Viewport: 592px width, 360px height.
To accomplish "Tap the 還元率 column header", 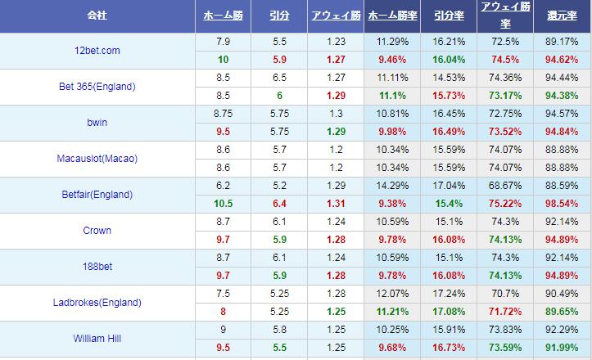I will [x=562, y=16].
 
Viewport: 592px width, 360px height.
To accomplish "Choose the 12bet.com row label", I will [x=97, y=51].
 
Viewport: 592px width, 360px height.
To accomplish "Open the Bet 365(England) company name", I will [x=97, y=87].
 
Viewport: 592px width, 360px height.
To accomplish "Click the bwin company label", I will [x=97, y=123].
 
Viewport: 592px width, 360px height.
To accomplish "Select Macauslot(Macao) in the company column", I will [x=97, y=159].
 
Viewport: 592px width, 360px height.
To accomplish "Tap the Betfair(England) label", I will [x=97, y=195].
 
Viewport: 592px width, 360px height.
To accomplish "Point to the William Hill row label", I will [x=97, y=339].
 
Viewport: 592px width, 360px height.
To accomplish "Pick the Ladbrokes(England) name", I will [x=97, y=303].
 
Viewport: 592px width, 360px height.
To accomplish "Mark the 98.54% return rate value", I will [x=562, y=203].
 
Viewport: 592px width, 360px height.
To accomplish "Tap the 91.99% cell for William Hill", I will [x=562, y=347].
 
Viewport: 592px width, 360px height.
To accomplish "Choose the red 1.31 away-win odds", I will [x=336, y=203].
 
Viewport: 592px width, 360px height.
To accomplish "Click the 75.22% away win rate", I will [x=505, y=203].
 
